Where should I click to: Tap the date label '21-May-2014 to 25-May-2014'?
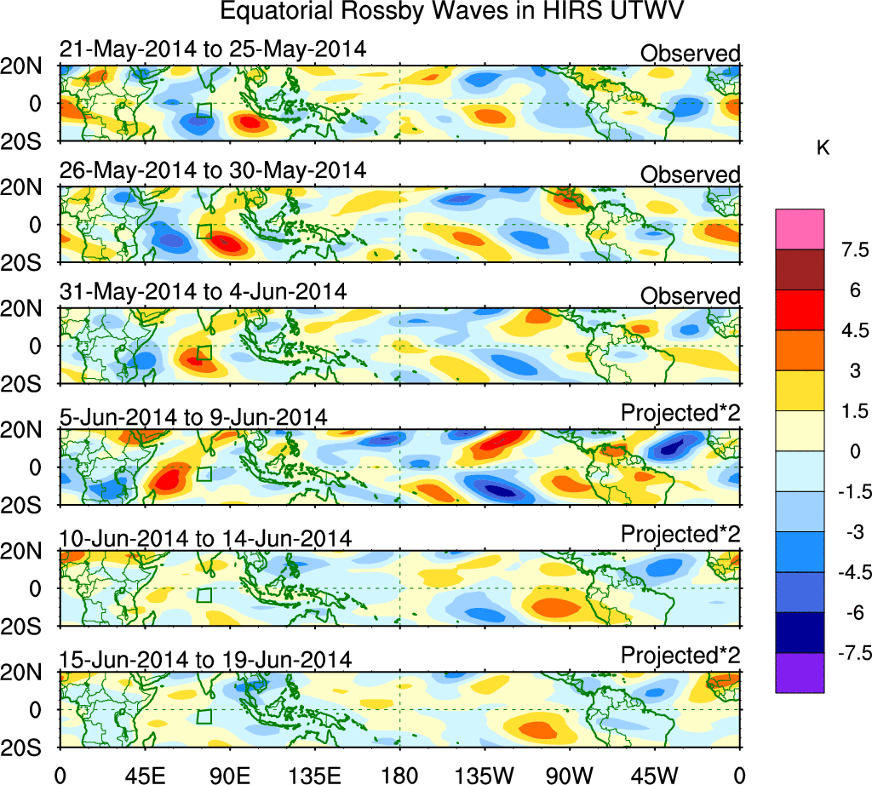(213, 49)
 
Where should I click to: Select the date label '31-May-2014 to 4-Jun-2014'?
(203, 291)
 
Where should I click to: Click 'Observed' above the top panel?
(690, 54)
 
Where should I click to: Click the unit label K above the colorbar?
(823, 148)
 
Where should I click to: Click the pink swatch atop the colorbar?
(800, 229)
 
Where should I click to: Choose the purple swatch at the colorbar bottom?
(800, 673)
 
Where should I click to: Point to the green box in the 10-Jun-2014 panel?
(204, 595)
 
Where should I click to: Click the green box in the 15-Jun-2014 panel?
(204, 716)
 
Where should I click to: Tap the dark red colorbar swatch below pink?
(800, 269)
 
